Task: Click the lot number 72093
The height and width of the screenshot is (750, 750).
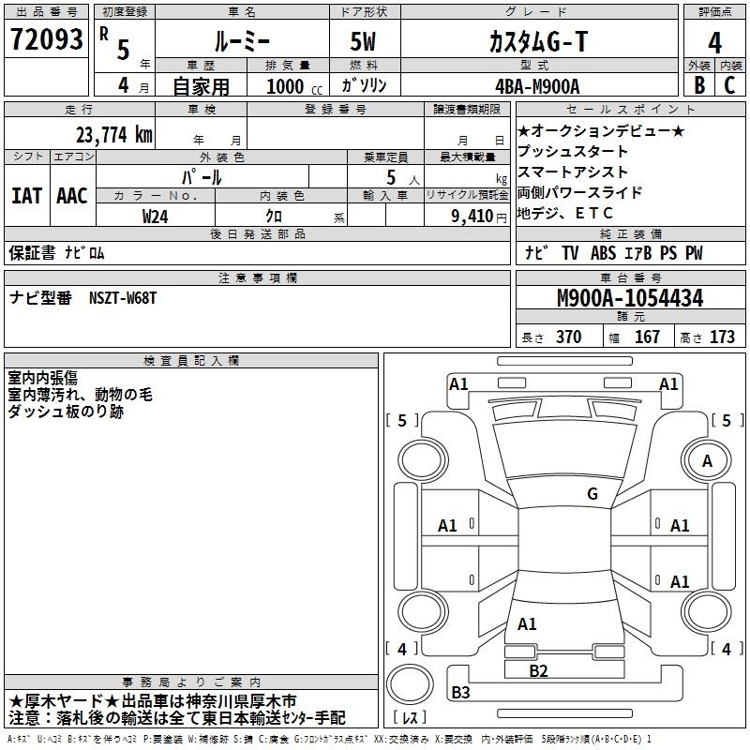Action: tap(46, 39)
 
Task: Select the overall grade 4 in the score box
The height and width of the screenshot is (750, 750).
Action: tap(714, 42)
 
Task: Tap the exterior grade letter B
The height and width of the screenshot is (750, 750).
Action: tap(699, 85)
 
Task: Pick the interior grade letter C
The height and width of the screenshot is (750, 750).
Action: tap(729, 85)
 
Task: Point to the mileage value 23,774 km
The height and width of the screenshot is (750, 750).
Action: tap(114, 134)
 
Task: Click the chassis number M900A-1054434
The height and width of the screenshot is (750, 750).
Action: tap(630, 298)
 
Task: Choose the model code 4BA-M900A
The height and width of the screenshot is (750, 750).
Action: tap(537, 86)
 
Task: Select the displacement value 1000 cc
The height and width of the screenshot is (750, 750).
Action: tap(294, 86)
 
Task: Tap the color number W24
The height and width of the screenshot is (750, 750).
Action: tap(155, 217)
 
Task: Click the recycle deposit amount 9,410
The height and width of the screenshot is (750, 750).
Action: tap(472, 217)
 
